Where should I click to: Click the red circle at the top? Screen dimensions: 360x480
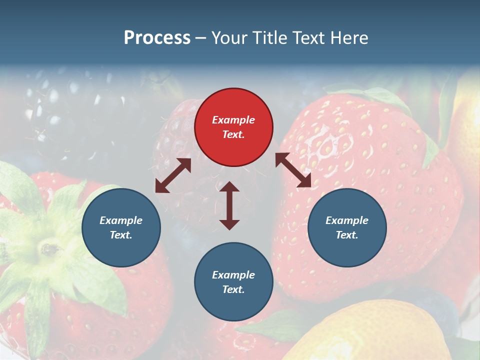pyautogui.click(x=233, y=127)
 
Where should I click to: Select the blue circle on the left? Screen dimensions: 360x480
pyautogui.click(x=121, y=227)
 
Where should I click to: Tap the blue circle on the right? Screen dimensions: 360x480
pyautogui.click(x=346, y=227)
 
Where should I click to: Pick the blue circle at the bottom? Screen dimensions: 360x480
pyautogui.click(x=233, y=282)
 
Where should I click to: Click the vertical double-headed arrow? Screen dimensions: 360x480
pyautogui.click(x=229, y=205)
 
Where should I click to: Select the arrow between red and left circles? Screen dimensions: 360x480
pyautogui.click(x=173, y=175)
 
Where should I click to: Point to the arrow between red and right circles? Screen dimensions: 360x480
pyautogui.click(x=293, y=170)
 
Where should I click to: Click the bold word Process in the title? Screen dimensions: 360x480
pyautogui.click(x=157, y=38)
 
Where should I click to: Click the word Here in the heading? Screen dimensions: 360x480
pyautogui.click(x=349, y=38)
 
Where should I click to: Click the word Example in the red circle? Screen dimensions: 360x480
pyautogui.click(x=233, y=120)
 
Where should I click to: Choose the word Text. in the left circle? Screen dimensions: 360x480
pyautogui.click(x=121, y=235)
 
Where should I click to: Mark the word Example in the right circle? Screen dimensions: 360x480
pyautogui.click(x=346, y=220)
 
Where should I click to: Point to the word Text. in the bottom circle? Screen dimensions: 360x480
pyautogui.click(x=233, y=289)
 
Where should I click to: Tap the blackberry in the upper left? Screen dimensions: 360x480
pyautogui.click(x=60, y=105)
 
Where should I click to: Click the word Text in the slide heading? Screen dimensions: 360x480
pyautogui.click(x=309, y=38)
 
